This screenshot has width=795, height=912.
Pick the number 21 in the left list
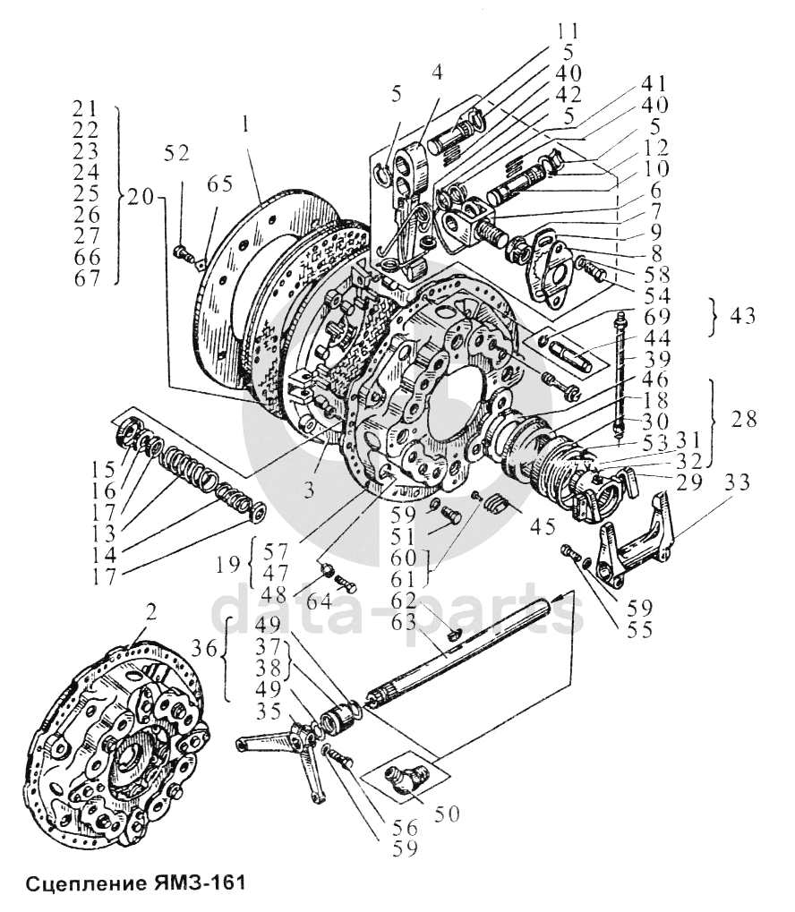point(90,109)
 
